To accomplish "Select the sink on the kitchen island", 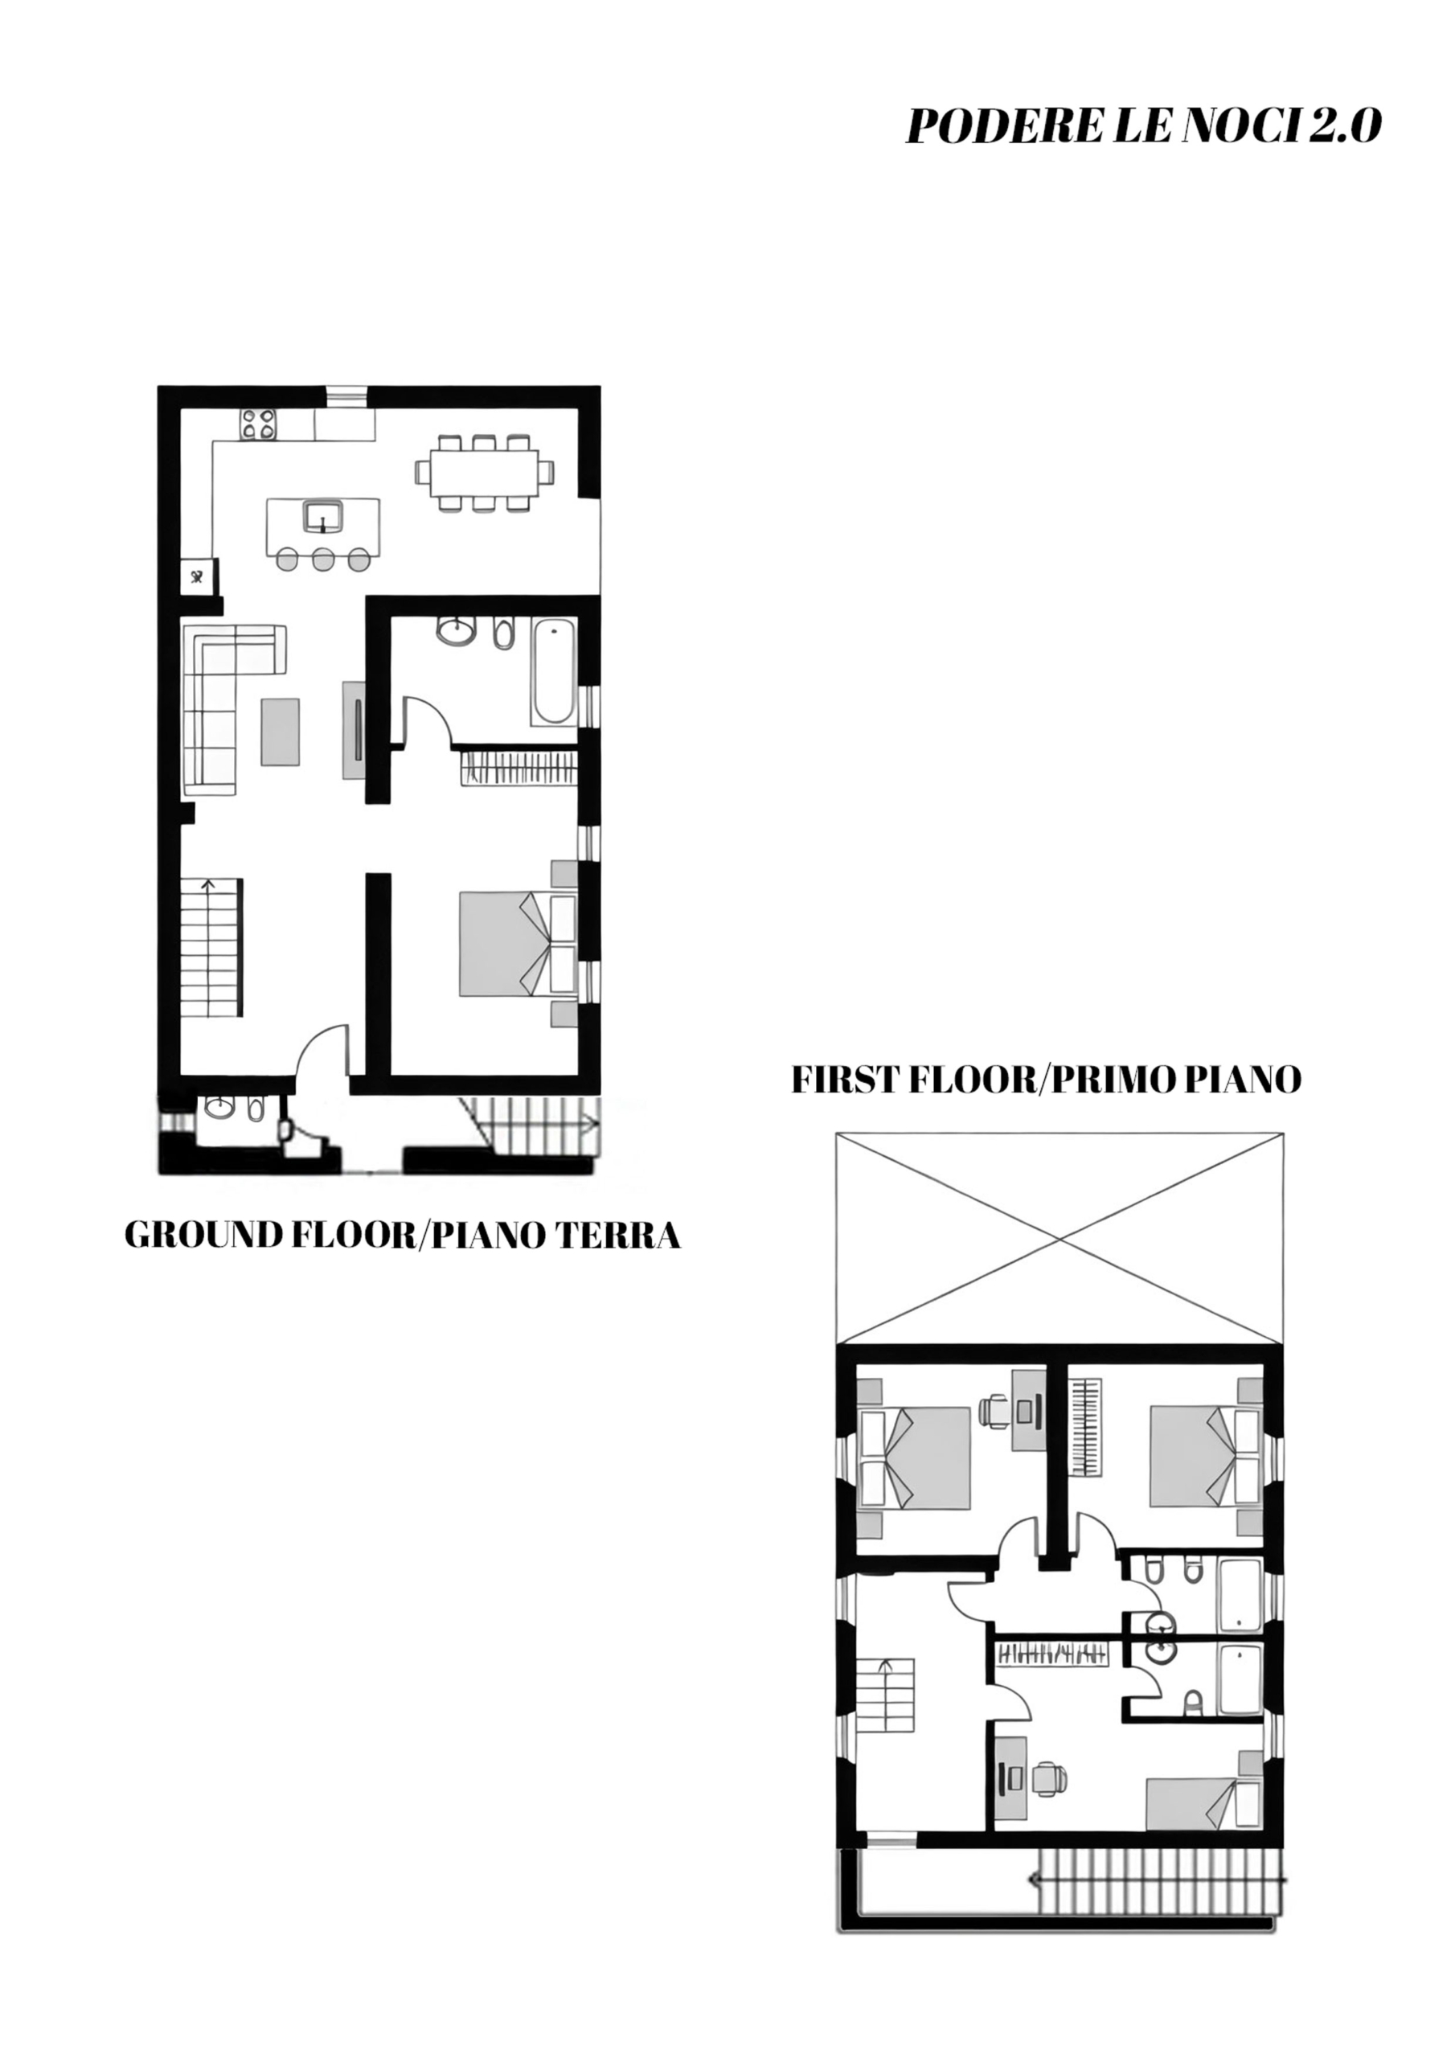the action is pyautogui.click(x=322, y=517).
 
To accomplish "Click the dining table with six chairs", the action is pyautogui.click(x=484, y=473).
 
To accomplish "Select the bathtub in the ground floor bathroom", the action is pyautogui.click(x=553, y=671).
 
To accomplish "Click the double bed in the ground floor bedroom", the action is pyautogui.click(x=517, y=943).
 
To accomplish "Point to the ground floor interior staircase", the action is pyautogui.click(x=211, y=948).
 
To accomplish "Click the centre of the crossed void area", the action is pyautogui.click(x=1059, y=1241).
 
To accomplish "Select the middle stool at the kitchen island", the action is pyautogui.click(x=322, y=560).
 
